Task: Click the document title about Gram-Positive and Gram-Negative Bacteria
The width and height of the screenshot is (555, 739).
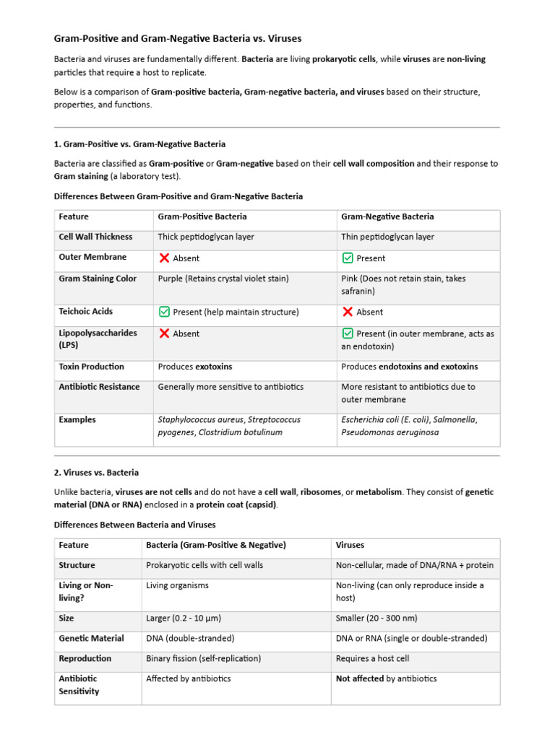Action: pyautogui.click(x=178, y=38)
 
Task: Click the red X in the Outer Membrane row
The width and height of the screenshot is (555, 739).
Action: pyautogui.click(x=164, y=258)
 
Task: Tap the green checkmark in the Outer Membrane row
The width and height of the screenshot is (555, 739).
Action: pyautogui.click(x=348, y=258)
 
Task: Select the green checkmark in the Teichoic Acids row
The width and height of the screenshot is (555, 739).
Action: pyautogui.click(x=164, y=312)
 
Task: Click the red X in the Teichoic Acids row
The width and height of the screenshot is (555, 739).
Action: pyautogui.click(x=348, y=312)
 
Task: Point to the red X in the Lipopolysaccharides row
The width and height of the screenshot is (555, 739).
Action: pyautogui.click(x=164, y=333)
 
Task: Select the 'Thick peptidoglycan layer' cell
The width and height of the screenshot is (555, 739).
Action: pyautogui.click(x=206, y=237)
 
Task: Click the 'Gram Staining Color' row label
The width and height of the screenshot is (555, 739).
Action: pyautogui.click(x=98, y=279)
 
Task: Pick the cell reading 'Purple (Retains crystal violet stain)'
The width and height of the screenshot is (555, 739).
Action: pyautogui.click(x=223, y=279)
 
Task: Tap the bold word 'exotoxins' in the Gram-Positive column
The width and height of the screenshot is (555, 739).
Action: pyautogui.click(x=213, y=367)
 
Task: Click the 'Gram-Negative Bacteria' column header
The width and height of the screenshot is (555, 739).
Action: pyautogui.click(x=387, y=217)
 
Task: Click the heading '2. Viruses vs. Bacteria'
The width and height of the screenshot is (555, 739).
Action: pyautogui.click(x=96, y=473)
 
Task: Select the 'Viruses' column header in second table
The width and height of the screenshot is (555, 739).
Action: pyautogui.click(x=350, y=545)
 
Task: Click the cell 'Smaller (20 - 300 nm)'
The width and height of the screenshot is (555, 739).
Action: pyautogui.click(x=377, y=618)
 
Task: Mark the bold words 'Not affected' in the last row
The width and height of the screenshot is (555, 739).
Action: pyautogui.click(x=359, y=678)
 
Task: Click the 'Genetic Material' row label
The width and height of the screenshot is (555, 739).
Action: pyautogui.click(x=91, y=638)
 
